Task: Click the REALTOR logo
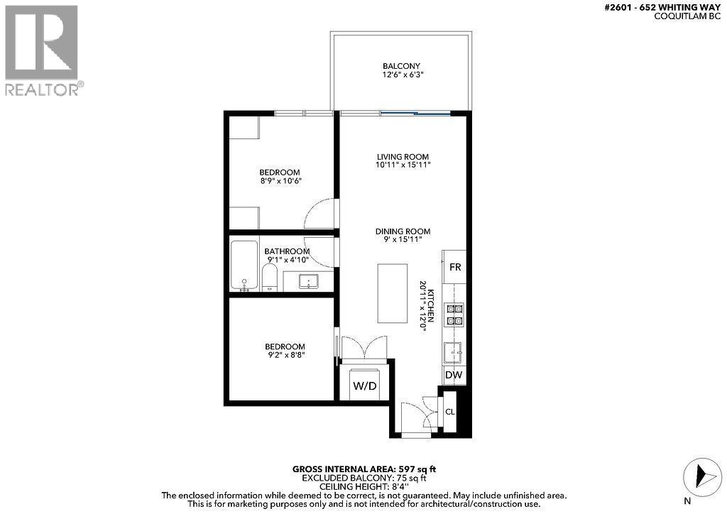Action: [42, 50]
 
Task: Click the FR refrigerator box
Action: [455, 268]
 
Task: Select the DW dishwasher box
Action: [454, 375]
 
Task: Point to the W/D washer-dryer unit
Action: [364, 387]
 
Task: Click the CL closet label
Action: [449, 412]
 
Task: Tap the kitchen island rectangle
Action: [393, 293]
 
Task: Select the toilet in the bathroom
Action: [270, 278]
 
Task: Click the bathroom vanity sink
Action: [309, 282]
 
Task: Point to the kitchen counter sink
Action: [454, 351]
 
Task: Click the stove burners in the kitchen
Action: [454, 314]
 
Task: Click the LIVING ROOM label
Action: [403, 156]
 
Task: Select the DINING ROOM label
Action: [403, 231]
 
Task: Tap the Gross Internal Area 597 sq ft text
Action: [363, 469]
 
